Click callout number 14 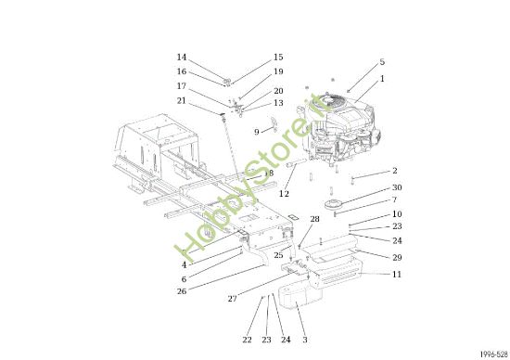tap(182, 58)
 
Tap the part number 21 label tap(182, 100)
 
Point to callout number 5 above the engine tap(381, 62)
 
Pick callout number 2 tap(394, 171)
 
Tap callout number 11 tap(397, 275)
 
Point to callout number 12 tap(285, 194)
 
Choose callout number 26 tap(182, 291)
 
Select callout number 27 tap(234, 299)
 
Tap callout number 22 tap(247, 340)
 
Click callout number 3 tap(304, 340)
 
